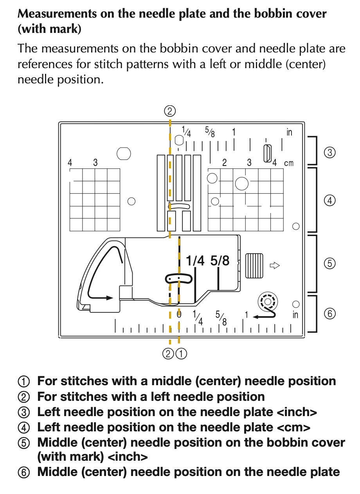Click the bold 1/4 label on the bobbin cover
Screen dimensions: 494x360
(195, 260)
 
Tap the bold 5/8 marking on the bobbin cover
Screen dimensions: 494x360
(220, 260)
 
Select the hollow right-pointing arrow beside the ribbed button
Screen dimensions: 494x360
(275, 266)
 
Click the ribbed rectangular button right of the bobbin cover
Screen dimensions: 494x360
(254, 266)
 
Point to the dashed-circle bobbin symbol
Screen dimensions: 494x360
(267, 301)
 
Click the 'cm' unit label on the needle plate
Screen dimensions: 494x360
(288, 163)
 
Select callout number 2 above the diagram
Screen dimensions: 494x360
(169, 111)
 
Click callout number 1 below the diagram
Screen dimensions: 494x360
(181, 354)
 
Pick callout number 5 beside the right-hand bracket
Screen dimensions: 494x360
(330, 263)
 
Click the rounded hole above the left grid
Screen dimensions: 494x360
(124, 153)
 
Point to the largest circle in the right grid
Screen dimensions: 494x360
(242, 183)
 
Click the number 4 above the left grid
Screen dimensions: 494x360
(70, 163)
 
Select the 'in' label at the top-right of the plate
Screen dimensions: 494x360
(289, 132)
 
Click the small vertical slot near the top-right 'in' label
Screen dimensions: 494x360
(268, 153)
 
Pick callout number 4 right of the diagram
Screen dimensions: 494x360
(330, 201)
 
